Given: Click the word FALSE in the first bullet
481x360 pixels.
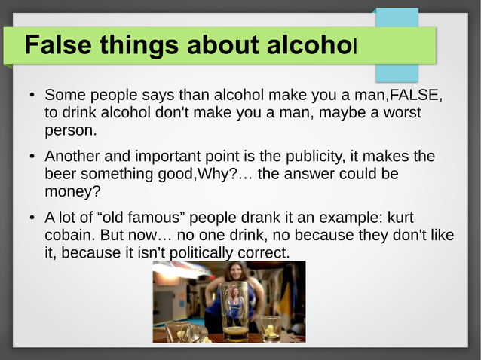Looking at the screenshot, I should point(413,96).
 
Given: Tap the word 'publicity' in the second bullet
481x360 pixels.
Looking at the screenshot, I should point(308,157).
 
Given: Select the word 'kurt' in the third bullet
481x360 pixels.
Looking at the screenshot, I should point(400,218).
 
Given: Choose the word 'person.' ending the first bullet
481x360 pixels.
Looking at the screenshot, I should point(72,130).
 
